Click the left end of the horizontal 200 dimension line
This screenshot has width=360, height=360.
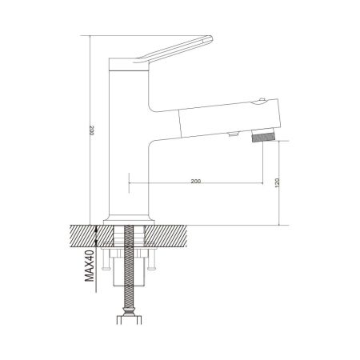129,187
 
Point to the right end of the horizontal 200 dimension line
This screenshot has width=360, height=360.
262,187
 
